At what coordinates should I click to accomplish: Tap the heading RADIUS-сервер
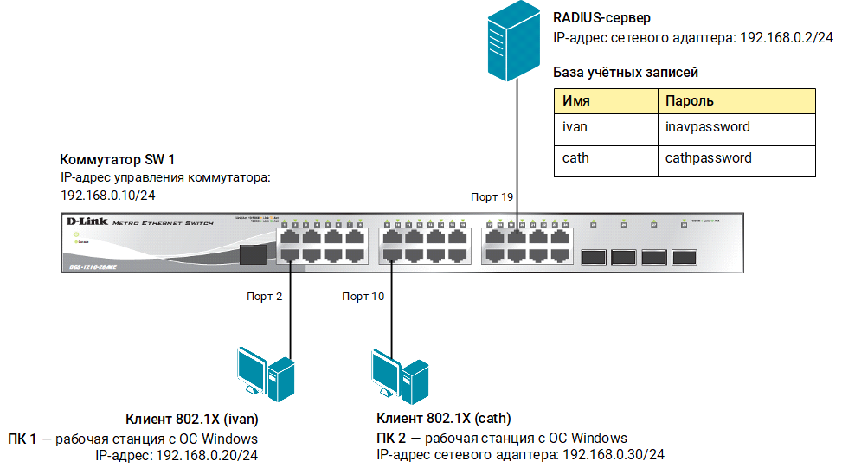coord(601,17)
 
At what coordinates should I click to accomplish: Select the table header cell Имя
coord(605,100)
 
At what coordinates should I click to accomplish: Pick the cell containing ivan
coord(605,127)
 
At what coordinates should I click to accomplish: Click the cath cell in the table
coord(605,158)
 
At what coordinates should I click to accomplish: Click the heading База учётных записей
coord(626,73)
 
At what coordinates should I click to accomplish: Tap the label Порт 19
coord(492,197)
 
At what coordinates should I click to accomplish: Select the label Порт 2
coord(265,296)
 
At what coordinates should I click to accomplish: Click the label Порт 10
coord(363,296)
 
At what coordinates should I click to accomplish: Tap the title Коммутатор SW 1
coord(117,160)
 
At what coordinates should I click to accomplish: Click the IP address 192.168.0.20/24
coord(208,455)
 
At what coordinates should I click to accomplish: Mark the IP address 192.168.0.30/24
coord(613,455)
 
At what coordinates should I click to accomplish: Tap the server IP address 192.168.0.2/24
coord(787,39)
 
